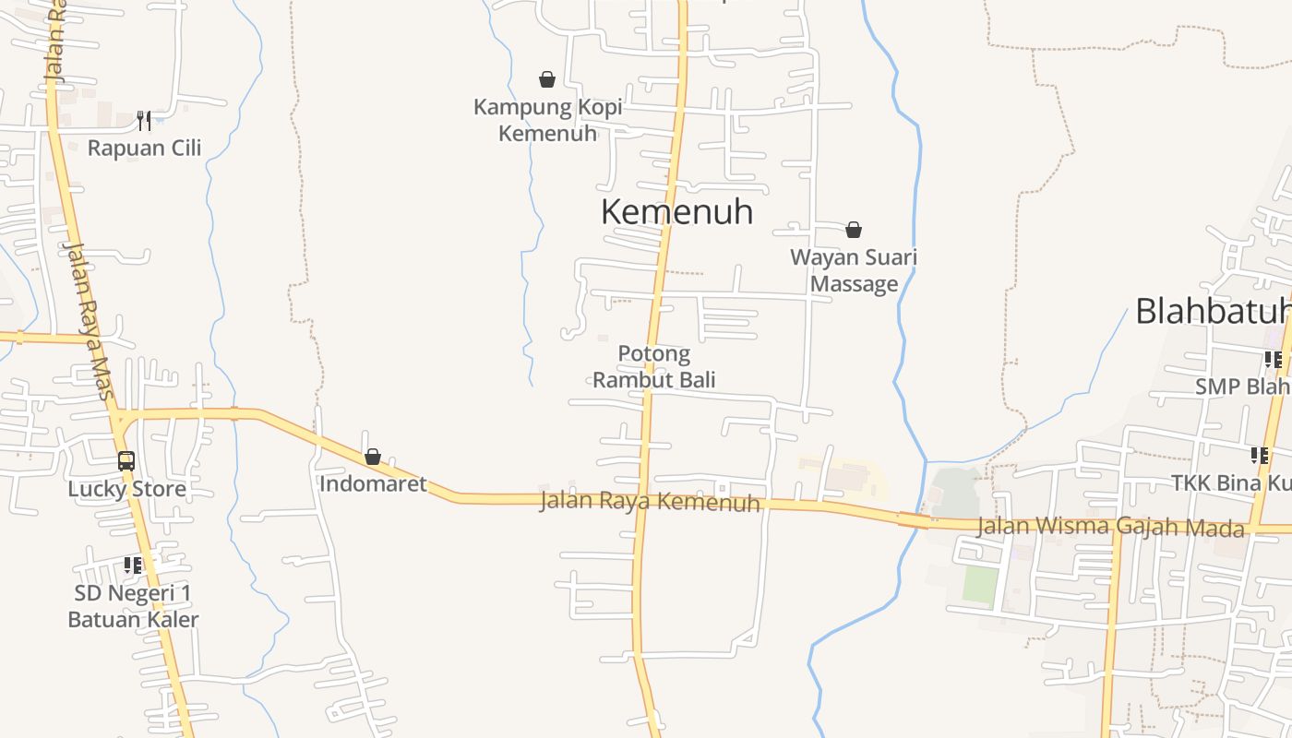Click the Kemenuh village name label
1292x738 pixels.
[x=676, y=212]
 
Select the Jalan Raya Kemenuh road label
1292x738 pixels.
[x=650, y=502]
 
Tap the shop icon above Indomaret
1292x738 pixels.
[x=373, y=457]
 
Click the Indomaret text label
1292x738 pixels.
[x=373, y=483]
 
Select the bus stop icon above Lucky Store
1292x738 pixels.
[x=126, y=460]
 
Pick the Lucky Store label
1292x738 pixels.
[x=126, y=489]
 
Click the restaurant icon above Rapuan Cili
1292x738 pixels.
[x=144, y=120]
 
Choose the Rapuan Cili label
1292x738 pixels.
[x=144, y=148]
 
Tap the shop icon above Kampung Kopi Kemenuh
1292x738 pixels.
[x=547, y=79]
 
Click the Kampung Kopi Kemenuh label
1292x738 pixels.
[x=547, y=120]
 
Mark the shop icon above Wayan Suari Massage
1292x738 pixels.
[x=854, y=230]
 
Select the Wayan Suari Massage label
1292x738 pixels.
[x=854, y=270]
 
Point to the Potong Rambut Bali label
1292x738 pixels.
[x=653, y=366]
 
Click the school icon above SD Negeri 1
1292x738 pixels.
[x=133, y=565]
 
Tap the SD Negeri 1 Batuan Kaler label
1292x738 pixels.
[x=133, y=606]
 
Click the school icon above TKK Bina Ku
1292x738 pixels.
[x=1260, y=455]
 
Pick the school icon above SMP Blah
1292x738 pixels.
[x=1274, y=359]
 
